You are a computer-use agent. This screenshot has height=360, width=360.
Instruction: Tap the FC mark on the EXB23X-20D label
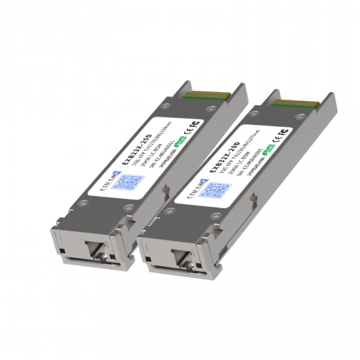194,120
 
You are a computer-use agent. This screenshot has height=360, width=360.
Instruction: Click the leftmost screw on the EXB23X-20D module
81,204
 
